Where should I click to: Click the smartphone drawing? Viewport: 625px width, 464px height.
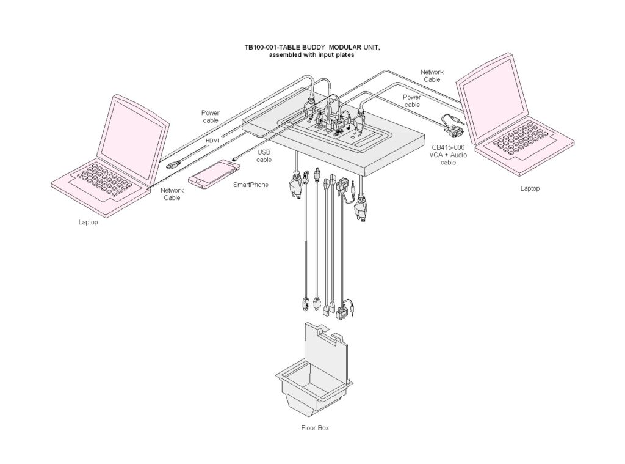click(211, 174)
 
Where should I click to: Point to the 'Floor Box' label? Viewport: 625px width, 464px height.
click(315, 429)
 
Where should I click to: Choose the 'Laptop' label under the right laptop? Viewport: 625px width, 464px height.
click(530, 189)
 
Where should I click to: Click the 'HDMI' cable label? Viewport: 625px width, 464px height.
click(212, 141)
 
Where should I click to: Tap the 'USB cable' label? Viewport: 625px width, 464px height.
click(264, 156)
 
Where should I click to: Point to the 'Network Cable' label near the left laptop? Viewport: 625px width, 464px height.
click(172, 194)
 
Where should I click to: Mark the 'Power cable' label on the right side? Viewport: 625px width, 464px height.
click(412, 101)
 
